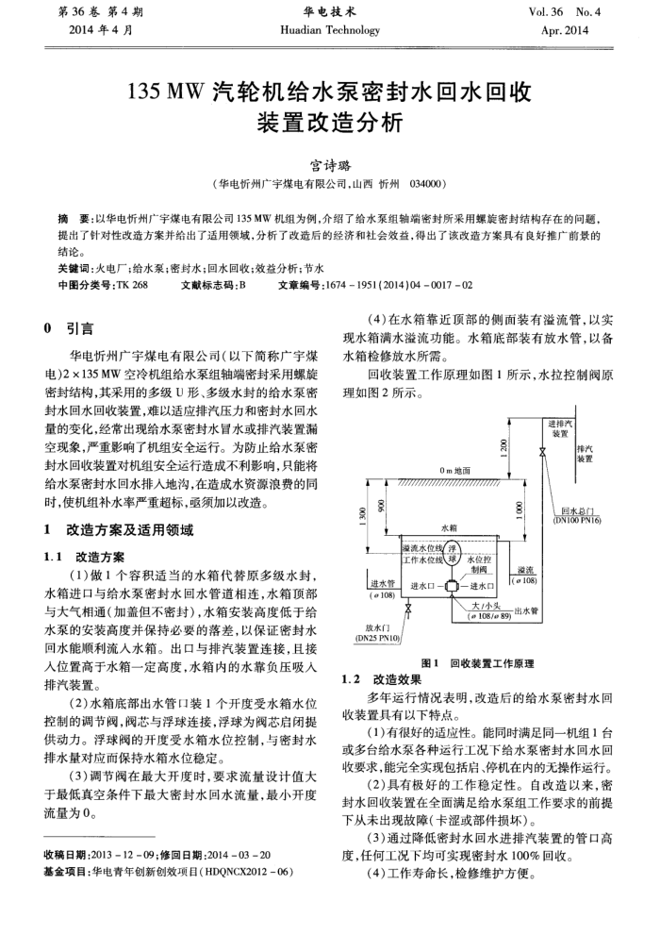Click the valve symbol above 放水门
[406, 612]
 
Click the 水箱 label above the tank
[448, 529]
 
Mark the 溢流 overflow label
[526, 571]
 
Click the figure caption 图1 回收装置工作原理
[479, 663]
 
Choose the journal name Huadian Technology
[329, 29]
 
